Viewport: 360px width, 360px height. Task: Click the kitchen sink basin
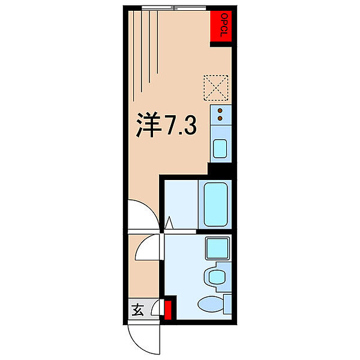[220, 147]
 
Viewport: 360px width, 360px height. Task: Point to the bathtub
[216, 205]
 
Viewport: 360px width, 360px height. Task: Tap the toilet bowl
[210, 304]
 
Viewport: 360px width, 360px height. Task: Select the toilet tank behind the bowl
[227, 304]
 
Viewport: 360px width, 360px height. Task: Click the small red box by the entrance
[169, 310]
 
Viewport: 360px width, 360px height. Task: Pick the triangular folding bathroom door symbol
[169, 224]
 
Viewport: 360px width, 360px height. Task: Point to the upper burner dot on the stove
[220, 110]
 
